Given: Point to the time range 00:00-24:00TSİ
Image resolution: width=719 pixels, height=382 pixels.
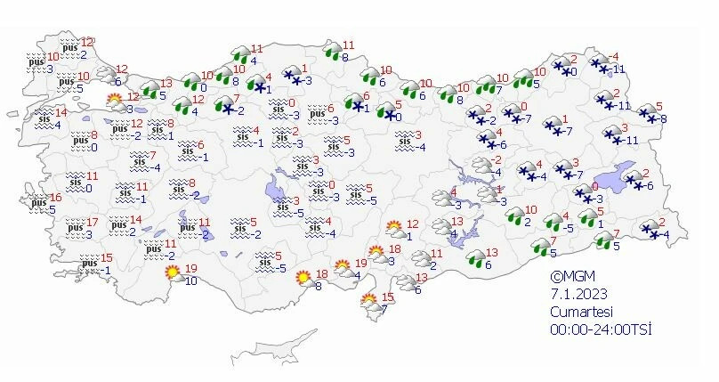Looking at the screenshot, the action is tap(601, 329).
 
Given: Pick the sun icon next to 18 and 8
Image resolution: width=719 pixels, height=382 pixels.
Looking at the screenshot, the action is tap(304, 278).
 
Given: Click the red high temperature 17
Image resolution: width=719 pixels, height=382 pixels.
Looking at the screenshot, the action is tap(93, 222).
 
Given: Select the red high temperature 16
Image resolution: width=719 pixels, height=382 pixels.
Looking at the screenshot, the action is tap(55, 198).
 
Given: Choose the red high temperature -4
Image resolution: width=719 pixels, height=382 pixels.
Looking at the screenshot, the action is tap(614, 56).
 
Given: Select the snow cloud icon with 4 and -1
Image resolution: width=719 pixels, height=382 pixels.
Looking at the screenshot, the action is tap(259, 85).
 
